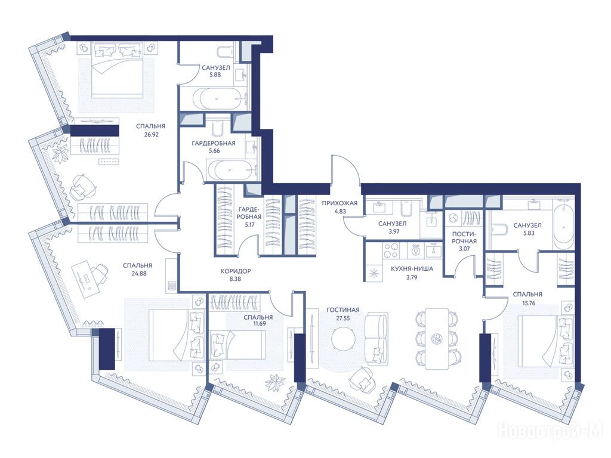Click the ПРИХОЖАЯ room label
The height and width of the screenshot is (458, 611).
click(x=340, y=203)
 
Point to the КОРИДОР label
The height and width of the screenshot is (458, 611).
click(x=235, y=271)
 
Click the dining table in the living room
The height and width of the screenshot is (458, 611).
click(x=436, y=339)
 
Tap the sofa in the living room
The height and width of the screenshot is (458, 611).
click(x=377, y=338)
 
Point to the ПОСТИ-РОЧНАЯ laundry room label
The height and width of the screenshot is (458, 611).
click(x=464, y=237)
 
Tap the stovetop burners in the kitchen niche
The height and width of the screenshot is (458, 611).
click(x=391, y=250)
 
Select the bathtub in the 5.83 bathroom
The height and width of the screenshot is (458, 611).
click(x=563, y=225)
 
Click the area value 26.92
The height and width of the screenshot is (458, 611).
click(x=150, y=135)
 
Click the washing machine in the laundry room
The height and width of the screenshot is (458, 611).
click(x=453, y=218)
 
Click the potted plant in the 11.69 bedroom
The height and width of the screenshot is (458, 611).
click(x=276, y=382)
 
